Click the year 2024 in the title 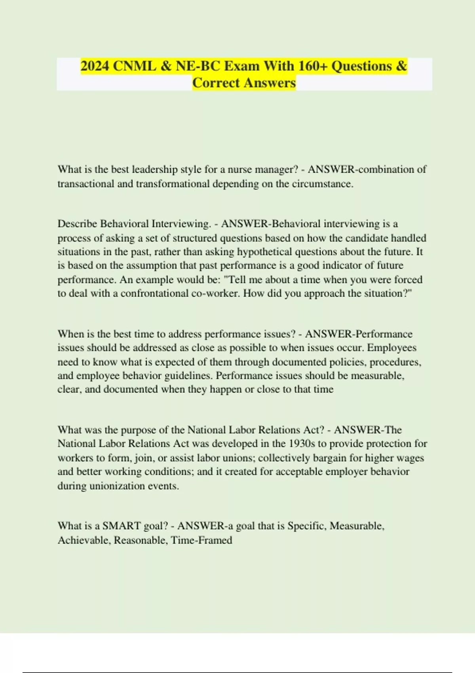(x=95, y=66)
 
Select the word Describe (x=77, y=224)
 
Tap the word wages (x=410, y=458)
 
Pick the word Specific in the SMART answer (x=307, y=526)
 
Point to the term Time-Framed (x=201, y=540)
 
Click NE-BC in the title (x=198, y=66)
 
